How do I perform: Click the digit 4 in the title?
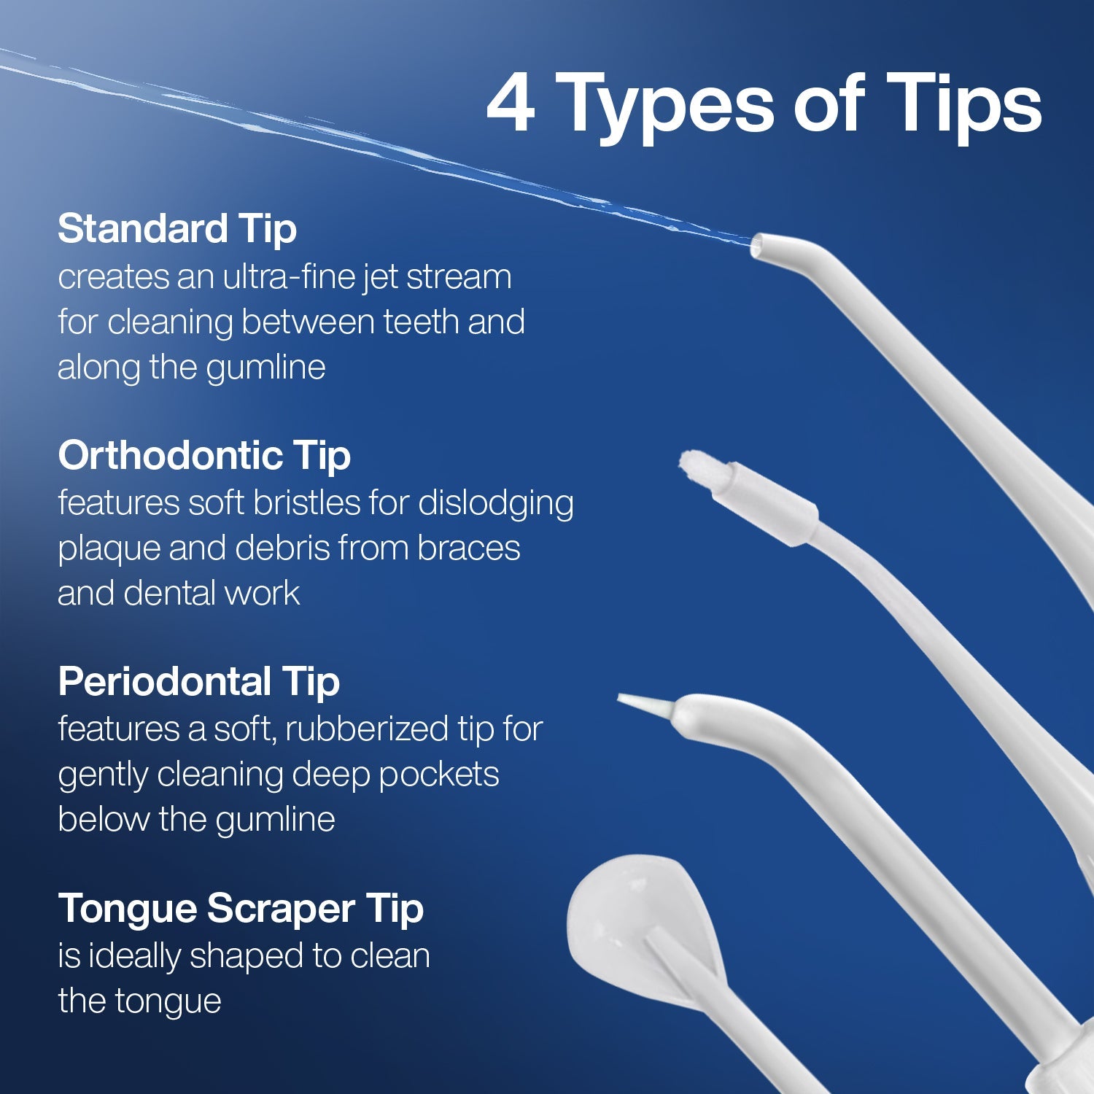[x=511, y=104]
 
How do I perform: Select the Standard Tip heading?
[x=177, y=228]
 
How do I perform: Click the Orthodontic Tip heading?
[x=204, y=455]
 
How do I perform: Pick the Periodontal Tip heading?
[x=198, y=681]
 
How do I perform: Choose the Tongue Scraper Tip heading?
[x=241, y=908]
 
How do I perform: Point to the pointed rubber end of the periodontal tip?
[x=642, y=704]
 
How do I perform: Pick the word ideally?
[x=135, y=956]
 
